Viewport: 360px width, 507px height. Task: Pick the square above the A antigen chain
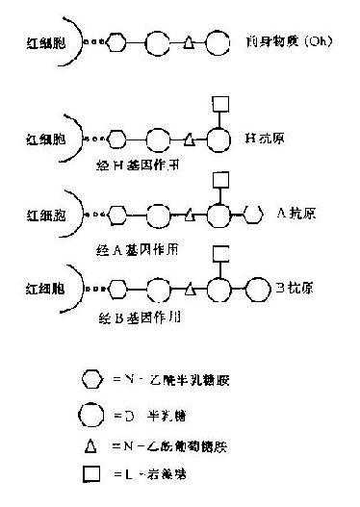[x=219, y=178]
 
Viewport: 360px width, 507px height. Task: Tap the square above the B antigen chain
[x=219, y=253]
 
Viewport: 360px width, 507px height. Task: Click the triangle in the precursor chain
[x=189, y=44]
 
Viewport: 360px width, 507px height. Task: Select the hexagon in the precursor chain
[x=117, y=43]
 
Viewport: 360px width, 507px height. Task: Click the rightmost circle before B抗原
[x=259, y=287]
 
